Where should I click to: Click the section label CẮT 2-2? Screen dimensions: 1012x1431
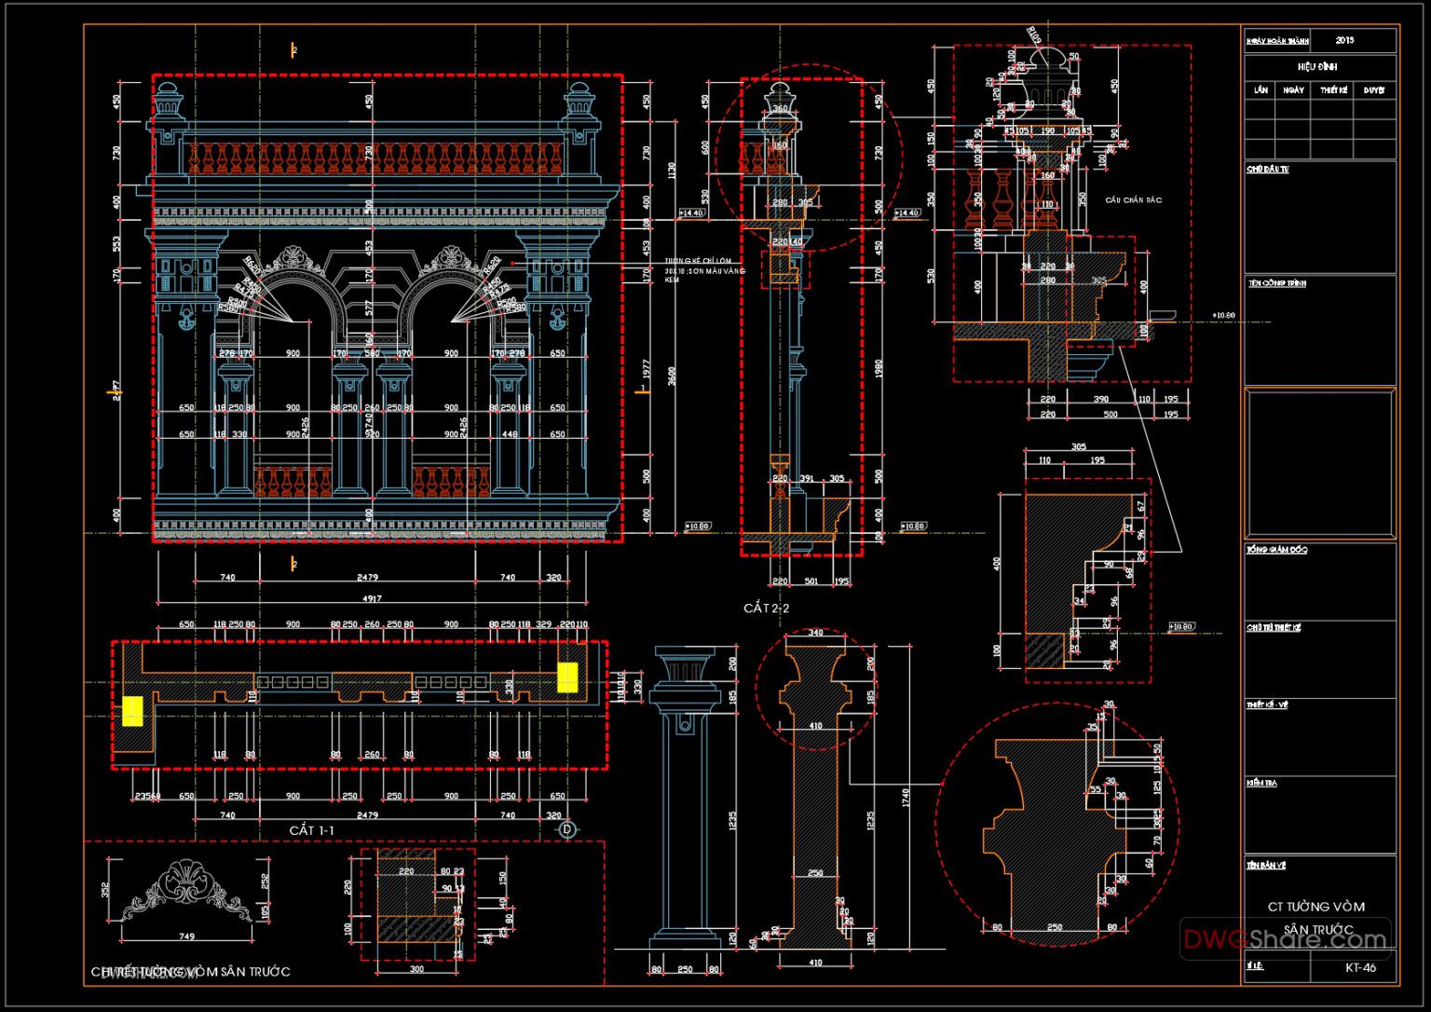click(x=766, y=609)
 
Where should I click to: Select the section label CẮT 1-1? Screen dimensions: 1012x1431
click(x=311, y=830)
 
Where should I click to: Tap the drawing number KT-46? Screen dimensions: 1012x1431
click(x=1360, y=967)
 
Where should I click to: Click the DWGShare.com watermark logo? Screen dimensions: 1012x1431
click(x=1285, y=938)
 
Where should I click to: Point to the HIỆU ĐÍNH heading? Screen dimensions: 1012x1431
click(x=1317, y=67)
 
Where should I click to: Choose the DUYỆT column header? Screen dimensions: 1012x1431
click(x=1373, y=90)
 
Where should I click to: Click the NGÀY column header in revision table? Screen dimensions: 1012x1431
click(x=1293, y=90)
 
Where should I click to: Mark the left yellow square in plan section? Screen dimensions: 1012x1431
click(x=132, y=711)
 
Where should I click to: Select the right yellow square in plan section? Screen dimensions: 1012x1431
click(x=567, y=677)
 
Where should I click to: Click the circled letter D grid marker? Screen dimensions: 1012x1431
click(x=566, y=829)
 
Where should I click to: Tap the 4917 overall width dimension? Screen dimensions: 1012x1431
click(x=371, y=598)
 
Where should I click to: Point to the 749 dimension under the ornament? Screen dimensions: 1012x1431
click(x=186, y=937)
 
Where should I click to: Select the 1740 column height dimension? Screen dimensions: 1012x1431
click(x=905, y=798)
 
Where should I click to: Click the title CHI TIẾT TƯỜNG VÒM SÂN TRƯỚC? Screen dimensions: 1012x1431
click(x=191, y=972)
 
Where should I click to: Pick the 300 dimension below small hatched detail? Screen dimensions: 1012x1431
click(x=416, y=969)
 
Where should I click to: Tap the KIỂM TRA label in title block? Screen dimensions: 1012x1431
click(x=1261, y=784)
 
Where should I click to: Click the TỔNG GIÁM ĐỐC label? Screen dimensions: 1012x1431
click(x=1276, y=551)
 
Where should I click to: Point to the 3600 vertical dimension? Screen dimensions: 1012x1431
click(x=672, y=376)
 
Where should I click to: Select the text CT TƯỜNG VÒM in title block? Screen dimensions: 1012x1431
click(x=1315, y=907)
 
